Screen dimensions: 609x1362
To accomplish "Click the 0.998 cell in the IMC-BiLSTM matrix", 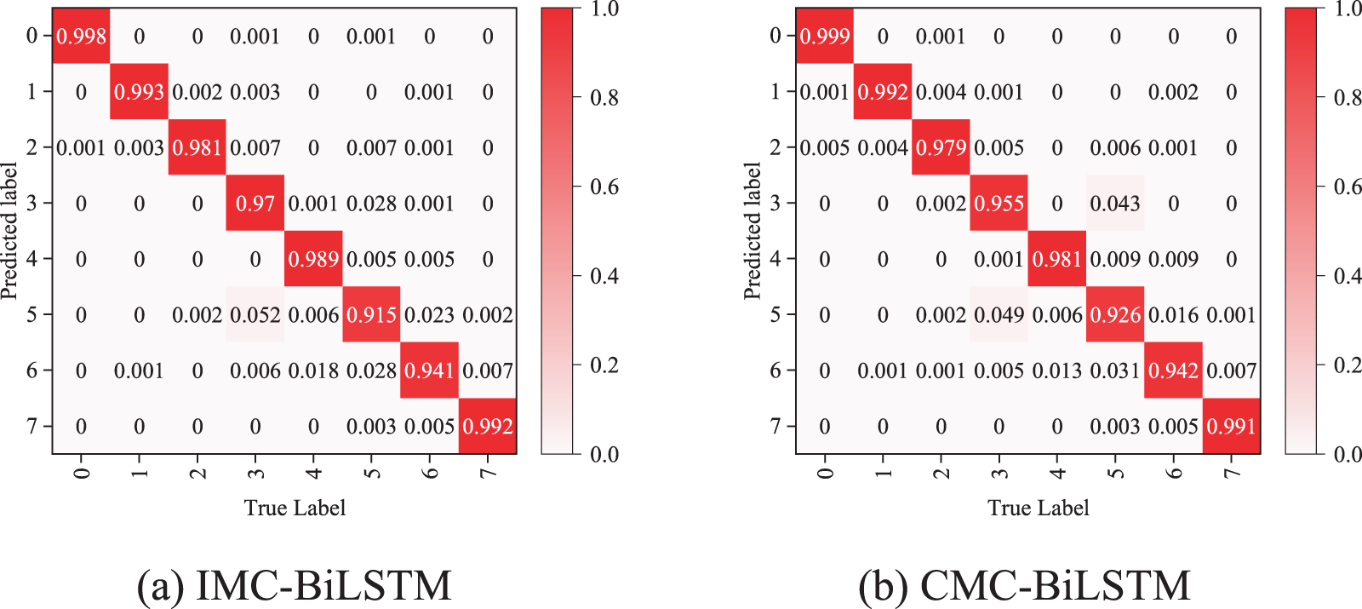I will click(x=81, y=36).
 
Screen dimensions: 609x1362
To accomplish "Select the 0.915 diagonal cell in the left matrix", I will click(x=371, y=314).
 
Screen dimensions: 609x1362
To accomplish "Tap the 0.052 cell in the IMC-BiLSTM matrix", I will click(x=255, y=314).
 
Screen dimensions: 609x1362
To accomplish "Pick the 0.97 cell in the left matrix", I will click(x=255, y=204).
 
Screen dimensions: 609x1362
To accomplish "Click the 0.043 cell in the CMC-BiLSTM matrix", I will click(x=1115, y=204).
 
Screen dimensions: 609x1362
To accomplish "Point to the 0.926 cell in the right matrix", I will click(x=1115, y=314).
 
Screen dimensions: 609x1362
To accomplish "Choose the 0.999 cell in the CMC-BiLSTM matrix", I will click(x=824, y=36).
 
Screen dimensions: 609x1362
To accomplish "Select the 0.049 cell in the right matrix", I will click(x=999, y=314).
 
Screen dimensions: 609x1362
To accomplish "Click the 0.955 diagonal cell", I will click(x=999, y=204).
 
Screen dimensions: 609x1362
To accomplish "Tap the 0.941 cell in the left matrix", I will click(x=429, y=371).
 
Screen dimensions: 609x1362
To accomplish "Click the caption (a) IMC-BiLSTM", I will click(x=294, y=585).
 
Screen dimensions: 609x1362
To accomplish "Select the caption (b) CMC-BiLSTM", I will click(x=1024, y=585).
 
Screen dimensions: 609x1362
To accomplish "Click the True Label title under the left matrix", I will click(x=295, y=508).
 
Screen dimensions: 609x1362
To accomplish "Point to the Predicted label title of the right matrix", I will click(x=752, y=231).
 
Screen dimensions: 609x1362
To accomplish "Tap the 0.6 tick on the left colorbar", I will click(x=604, y=187).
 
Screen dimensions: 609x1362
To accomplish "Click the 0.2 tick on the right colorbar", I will click(x=1348, y=365).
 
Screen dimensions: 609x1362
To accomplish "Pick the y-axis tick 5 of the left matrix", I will click(x=32, y=314).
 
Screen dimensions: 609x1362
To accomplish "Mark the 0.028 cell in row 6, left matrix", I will click(x=371, y=371).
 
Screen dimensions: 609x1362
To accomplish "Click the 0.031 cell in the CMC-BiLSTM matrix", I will click(x=1115, y=371).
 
